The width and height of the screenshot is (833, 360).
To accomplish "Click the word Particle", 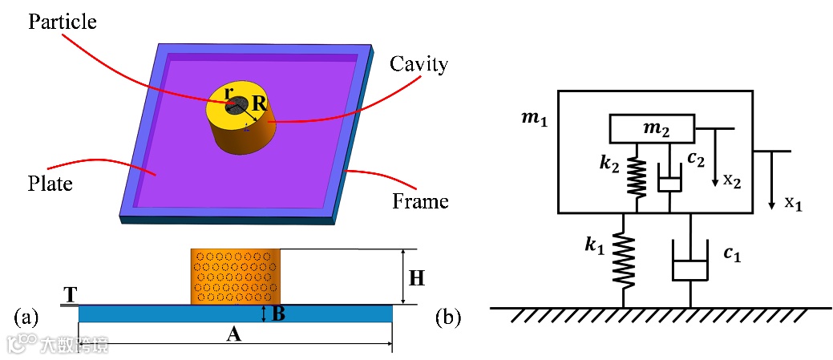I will coord(62,22).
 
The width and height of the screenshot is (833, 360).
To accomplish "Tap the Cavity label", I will coord(419,64).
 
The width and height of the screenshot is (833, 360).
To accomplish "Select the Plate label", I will coord(51,184).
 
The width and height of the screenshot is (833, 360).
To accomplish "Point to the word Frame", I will coord(420,200).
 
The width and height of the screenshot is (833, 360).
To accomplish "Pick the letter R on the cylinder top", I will coord(258,103).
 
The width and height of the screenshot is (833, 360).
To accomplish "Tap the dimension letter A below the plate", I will coord(234,334).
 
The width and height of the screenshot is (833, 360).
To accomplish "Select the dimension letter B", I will coord(278,313).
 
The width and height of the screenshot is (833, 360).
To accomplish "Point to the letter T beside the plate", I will coord(71,294).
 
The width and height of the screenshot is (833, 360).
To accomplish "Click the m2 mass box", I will coord(653,127).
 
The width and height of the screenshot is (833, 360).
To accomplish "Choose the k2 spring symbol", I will coord(637,176).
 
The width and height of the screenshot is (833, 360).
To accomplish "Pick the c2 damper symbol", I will coord(669,181).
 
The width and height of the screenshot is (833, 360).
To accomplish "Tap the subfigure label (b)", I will coord(447,318).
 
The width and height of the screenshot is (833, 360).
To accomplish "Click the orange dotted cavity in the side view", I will coord(235,277).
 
